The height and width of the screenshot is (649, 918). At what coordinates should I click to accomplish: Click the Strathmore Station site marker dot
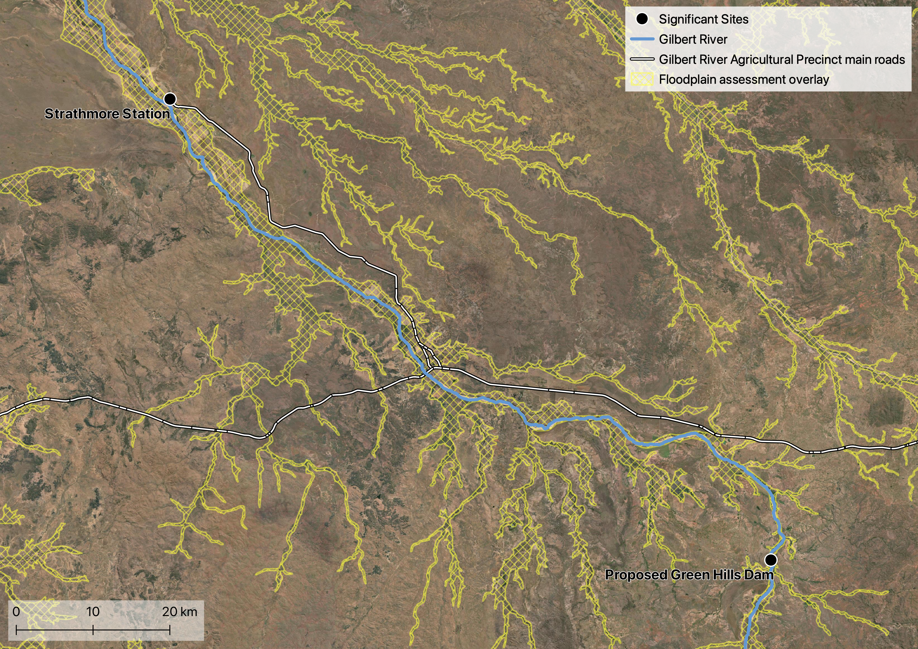pyautogui.click(x=170, y=99)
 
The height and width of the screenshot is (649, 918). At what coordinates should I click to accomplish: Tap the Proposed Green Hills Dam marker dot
pyautogui.click(x=771, y=560)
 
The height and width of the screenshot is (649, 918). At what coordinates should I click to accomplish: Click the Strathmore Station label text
pyautogui.click(x=107, y=114)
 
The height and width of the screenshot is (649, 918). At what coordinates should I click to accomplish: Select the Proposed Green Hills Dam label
pyautogui.click(x=689, y=575)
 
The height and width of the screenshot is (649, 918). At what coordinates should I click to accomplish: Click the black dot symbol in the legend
pyautogui.click(x=642, y=19)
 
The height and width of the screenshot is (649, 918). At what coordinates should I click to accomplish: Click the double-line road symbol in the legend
pyautogui.click(x=642, y=59)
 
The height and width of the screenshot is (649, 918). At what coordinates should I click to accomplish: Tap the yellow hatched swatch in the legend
pyautogui.click(x=642, y=79)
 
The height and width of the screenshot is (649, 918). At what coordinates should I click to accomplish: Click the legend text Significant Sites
pyautogui.click(x=704, y=19)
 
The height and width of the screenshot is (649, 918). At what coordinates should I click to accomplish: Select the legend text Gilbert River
pyautogui.click(x=693, y=39)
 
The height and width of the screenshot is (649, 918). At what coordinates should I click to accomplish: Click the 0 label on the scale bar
pyautogui.click(x=16, y=611)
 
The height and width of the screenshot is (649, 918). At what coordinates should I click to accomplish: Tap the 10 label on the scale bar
pyautogui.click(x=93, y=611)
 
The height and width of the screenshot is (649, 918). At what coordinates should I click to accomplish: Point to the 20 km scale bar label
pyautogui.click(x=180, y=611)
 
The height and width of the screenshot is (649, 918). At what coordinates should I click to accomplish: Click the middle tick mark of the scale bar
pyautogui.click(x=93, y=630)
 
